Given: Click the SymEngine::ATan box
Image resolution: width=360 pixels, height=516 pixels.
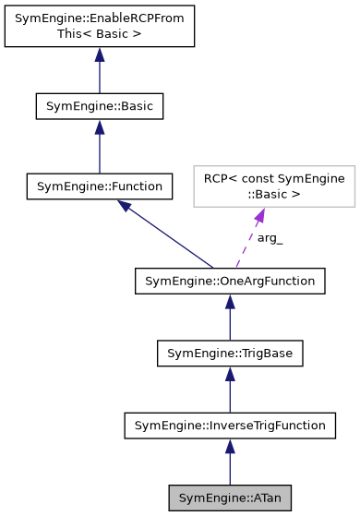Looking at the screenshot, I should (x=230, y=498).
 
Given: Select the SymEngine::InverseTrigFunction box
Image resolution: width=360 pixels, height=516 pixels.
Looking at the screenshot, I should (x=230, y=426).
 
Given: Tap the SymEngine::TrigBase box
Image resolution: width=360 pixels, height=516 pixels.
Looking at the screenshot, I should (x=230, y=353).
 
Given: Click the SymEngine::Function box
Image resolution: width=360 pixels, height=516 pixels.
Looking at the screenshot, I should (x=99, y=186).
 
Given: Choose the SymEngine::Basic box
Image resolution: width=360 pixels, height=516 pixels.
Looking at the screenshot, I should (x=99, y=106).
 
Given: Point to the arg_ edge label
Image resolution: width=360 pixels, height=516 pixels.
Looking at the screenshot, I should (x=270, y=238).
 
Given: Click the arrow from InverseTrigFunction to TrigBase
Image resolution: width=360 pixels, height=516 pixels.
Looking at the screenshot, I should (x=230, y=392).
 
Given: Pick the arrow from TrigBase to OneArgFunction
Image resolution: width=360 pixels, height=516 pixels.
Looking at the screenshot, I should (x=230, y=319).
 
